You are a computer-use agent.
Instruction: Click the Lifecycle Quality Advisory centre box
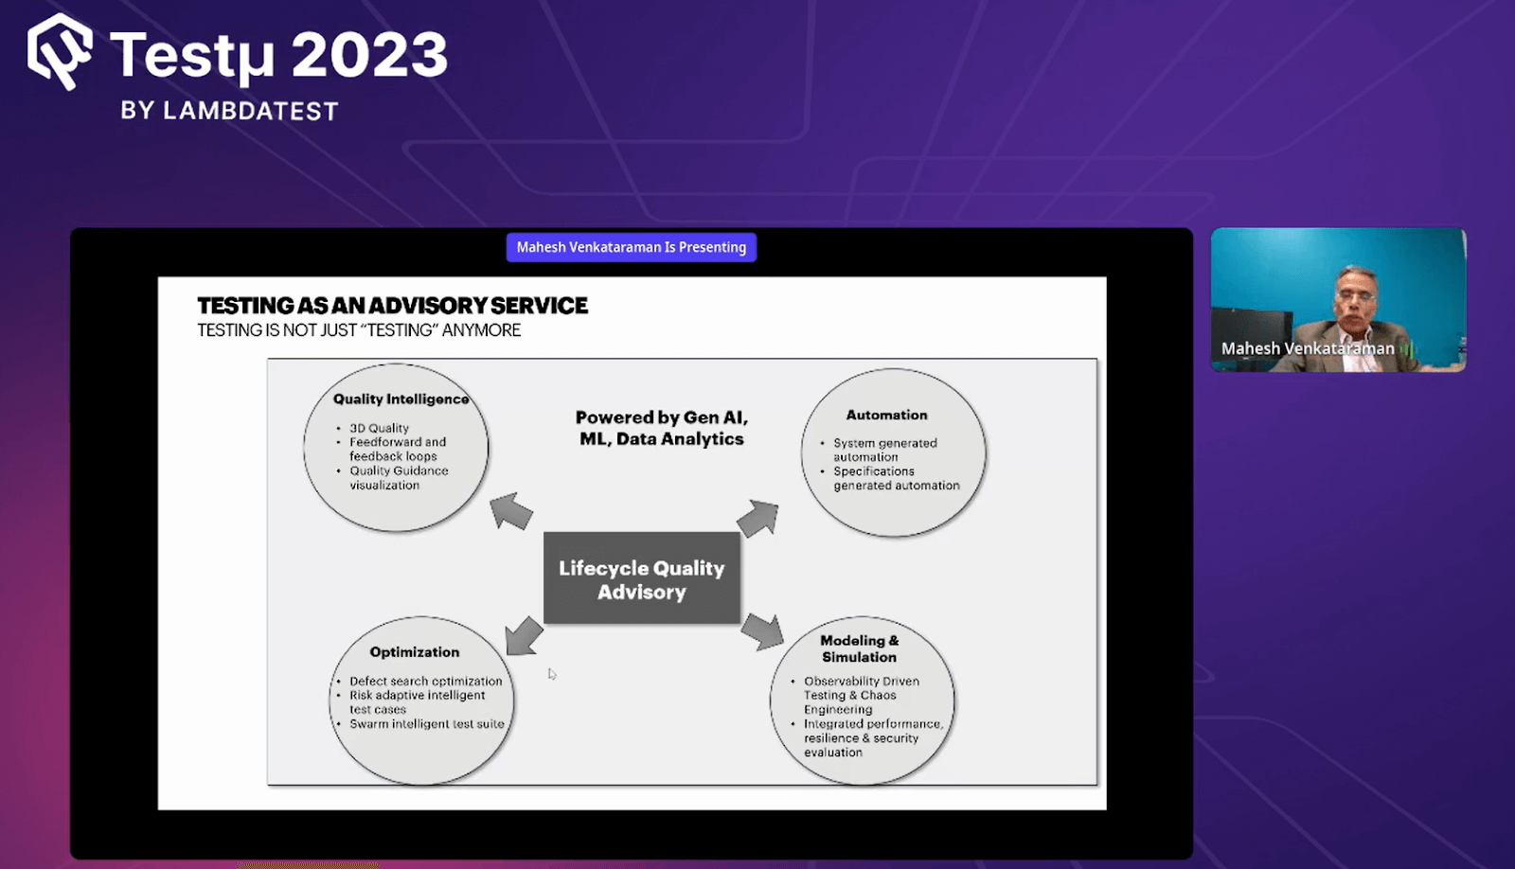click(642, 579)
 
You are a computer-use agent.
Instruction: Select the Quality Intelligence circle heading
click(401, 399)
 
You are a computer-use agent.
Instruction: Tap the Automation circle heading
click(886, 415)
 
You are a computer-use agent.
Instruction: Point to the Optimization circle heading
click(414, 652)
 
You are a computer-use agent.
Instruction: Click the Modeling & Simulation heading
click(859, 648)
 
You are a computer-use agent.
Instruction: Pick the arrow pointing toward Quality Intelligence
click(511, 511)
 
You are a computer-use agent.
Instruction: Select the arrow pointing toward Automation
click(757, 518)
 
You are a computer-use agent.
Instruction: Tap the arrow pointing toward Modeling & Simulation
click(762, 631)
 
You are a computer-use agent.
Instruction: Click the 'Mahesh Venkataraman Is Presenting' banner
click(631, 247)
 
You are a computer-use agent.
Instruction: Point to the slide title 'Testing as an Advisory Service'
click(392, 306)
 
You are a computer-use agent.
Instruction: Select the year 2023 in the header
click(369, 55)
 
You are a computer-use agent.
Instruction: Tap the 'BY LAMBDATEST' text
click(229, 112)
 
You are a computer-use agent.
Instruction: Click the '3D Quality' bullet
click(379, 428)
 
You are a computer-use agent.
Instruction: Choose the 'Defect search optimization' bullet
click(425, 681)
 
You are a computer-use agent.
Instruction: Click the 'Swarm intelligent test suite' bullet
click(426, 724)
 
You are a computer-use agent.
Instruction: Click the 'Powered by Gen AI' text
click(661, 417)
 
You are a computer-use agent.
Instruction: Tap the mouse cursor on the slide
click(552, 674)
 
